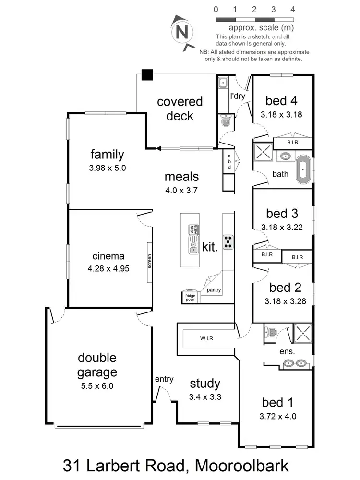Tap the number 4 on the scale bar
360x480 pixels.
(x=292, y=9)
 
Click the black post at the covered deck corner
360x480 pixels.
(x=147, y=75)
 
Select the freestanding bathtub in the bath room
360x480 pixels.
(x=303, y=169)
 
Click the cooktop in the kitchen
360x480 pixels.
(x=228, y=242)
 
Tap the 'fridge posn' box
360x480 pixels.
(x=191, y=297)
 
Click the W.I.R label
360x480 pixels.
(x=207, y=338)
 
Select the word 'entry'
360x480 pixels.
(x=164, y=379)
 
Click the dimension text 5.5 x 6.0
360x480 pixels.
(x=97, y=385)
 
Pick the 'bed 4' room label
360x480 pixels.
(x=281, y=101)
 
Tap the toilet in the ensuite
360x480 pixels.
(x=272, y=332)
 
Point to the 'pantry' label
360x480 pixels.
(x=214, y=290)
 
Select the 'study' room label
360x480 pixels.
(x=205, y=384)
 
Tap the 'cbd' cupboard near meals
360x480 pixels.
(x=229, y=162)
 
